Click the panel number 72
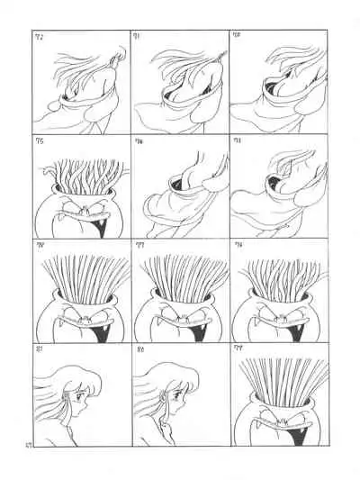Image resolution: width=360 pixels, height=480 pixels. click(39, 37)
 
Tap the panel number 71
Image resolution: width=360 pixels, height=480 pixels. click(137, 37)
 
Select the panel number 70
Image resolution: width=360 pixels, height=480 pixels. click(236, 37)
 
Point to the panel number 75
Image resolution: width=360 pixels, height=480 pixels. click(39, 140)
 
